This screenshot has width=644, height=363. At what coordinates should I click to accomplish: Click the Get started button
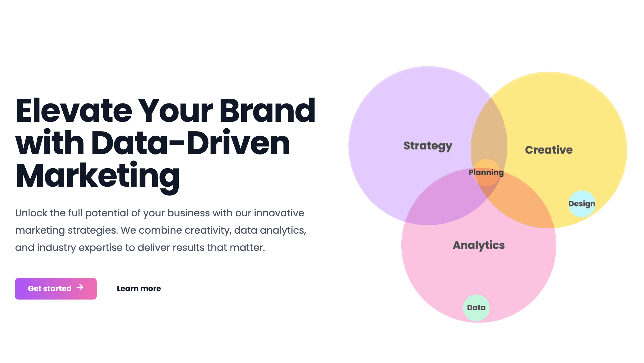pyautogui.click(x=56, y=288)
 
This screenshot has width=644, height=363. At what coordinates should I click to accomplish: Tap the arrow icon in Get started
pyautogui.click(x=80, y=288)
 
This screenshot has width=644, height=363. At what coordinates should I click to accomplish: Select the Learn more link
pyautogui.click(x=139, y=288)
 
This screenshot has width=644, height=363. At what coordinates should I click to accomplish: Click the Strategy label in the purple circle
pyautogui.click(x=428, y=146)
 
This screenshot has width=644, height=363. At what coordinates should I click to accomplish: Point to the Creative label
pyautogui.click(x=549, y=150)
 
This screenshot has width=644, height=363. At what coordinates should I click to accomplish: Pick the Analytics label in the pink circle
pyautogui.click(x=479, y=246)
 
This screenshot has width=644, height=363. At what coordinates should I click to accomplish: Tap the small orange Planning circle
pyautogui.click(x=486, y=173)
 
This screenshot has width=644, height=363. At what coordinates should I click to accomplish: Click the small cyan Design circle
pyautogui.click(x=582, y=204)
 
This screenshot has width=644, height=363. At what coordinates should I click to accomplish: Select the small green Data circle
pyautogui.click(x=476, y=308)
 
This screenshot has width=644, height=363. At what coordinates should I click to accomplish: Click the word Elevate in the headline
pyautogui.click(x=74, y=111)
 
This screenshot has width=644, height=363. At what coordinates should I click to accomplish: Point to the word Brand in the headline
pyautogui.click(x=267, y=111)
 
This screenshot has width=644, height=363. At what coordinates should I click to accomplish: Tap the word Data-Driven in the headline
pyautogui.click(x=191, y=143)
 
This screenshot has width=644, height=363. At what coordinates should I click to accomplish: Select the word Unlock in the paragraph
pyautogui.click(x=31, y=213)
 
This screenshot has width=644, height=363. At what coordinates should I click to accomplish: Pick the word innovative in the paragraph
pyautogui.click(x=279, y=213)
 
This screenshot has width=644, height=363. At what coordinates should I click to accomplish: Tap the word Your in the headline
pyautogui.click(x=177, y=111)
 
